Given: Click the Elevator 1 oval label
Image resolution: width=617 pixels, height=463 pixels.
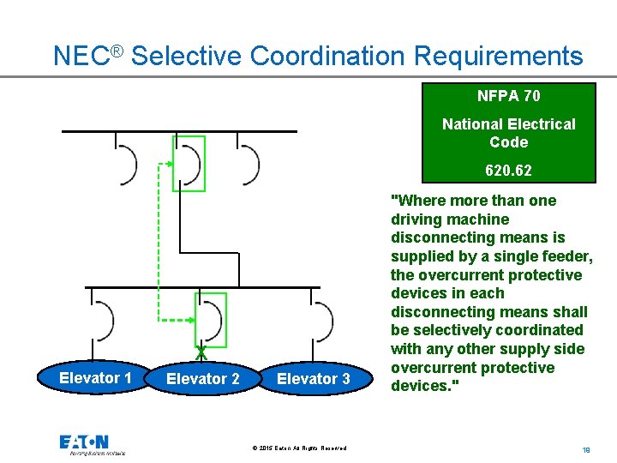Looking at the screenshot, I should coord(95,378).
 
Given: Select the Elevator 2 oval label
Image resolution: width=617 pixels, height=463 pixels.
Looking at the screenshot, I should coord(203,379).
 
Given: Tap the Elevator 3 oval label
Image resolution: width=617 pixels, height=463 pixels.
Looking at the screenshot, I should coord(313,379).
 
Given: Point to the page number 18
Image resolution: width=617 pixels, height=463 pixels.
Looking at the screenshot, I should coord(586,448).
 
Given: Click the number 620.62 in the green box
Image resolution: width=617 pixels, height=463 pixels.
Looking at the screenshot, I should coord(508,171).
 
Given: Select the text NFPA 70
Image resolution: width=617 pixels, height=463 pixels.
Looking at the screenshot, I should coord(509,96).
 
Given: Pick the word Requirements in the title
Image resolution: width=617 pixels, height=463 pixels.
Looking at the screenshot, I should coord(498,57).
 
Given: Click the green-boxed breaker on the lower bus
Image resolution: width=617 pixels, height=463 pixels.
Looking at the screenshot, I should coord(212,320).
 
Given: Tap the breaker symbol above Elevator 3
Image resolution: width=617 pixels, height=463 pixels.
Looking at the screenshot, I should coord(321,320).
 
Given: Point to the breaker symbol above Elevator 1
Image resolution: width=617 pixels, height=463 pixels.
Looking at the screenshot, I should coord(104,320).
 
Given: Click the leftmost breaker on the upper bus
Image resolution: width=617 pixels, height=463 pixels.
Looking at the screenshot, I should coord(127,163).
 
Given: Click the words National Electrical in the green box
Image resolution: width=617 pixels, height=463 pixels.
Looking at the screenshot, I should coord(509,124).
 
